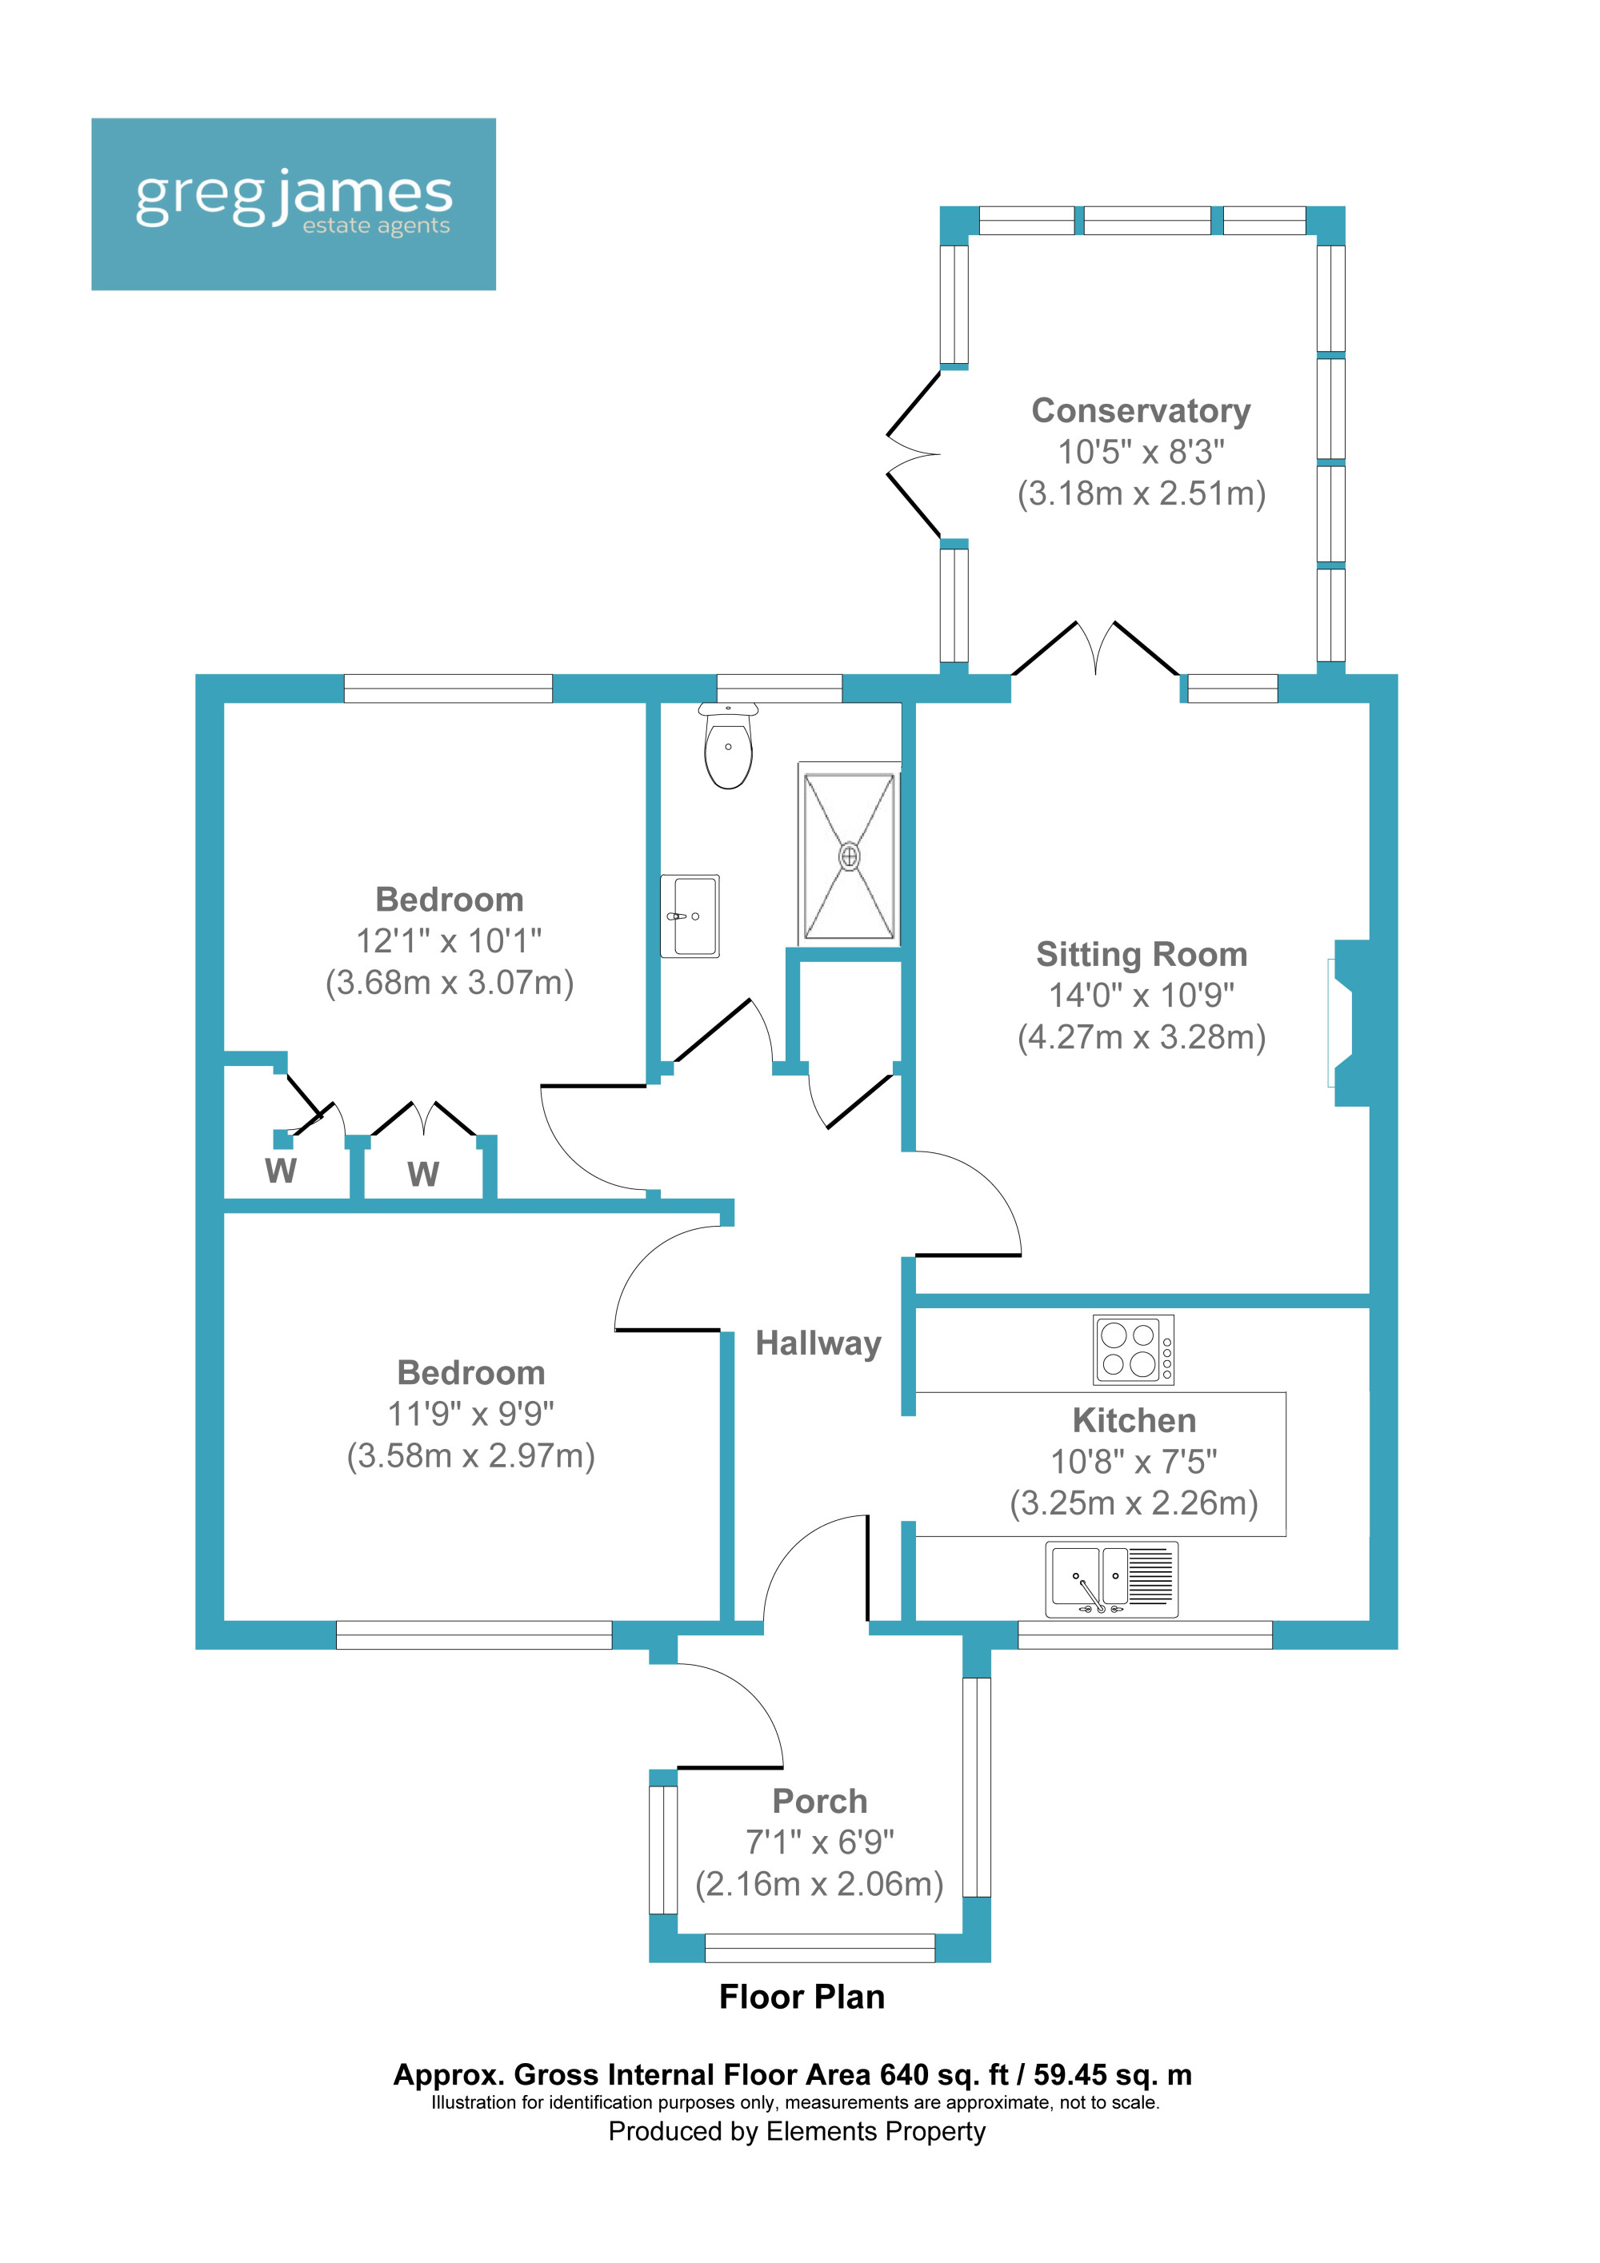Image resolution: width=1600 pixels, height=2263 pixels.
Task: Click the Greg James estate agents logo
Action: [x=293, y=204]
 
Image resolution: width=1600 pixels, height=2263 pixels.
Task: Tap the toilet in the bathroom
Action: [x=729, y=750]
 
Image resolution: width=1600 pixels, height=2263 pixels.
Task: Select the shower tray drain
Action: [x=849, y=856]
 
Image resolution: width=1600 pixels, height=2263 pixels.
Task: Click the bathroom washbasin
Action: [x=690, y=916]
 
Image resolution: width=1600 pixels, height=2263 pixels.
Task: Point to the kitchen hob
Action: [x=1133, y=1349]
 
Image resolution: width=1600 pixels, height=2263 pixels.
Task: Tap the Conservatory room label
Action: [x=1141, y=411]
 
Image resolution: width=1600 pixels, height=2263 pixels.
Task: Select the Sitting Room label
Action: [x=1141, y=954]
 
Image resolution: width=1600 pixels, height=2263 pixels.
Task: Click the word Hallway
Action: [x=818, y=1343]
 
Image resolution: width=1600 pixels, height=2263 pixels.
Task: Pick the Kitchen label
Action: [x=1134, y=1420]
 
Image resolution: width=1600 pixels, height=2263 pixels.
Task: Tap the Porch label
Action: [x=819, y=1801]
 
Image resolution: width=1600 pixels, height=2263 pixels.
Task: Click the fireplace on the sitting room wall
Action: [x=1348, y=1022]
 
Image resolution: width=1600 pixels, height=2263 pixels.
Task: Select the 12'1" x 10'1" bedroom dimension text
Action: [x=449, y=941]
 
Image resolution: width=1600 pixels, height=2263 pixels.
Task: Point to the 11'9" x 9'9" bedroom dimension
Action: [x=470, y=1415]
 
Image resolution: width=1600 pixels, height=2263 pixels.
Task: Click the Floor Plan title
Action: [x=802, y=1997]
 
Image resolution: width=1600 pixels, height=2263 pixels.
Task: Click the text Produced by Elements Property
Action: [x=797, y=2131]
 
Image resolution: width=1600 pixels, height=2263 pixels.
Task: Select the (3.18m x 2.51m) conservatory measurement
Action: [x=1141, y=493]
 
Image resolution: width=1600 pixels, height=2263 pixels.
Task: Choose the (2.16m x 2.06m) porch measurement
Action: [x=819, y=1883]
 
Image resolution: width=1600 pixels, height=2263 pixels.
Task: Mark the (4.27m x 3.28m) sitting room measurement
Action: [x=1141, y=1037]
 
